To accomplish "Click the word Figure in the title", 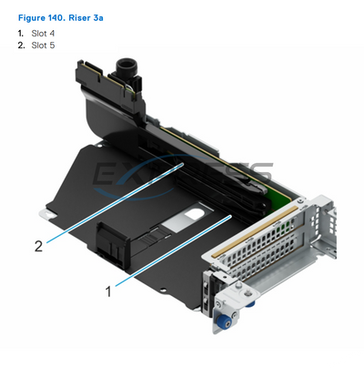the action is (32, 18).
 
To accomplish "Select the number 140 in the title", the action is (56, 18).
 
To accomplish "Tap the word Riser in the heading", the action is (79, 18).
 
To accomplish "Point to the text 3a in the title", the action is (98, 18).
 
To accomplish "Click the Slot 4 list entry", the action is (43, 34).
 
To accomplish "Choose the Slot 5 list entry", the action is (43, 46).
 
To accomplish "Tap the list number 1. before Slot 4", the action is (21, 34).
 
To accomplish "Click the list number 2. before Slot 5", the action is (21, 46).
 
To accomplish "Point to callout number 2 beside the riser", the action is (38, 246).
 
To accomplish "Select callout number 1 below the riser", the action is (108, 291).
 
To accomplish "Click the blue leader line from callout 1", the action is (174, 250).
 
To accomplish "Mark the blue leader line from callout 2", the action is (115, 203).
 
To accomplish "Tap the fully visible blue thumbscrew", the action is (223, 319).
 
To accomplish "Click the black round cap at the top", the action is (126, 66).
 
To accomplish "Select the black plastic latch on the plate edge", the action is (112, 244).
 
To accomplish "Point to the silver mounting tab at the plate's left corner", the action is (47, 213).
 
